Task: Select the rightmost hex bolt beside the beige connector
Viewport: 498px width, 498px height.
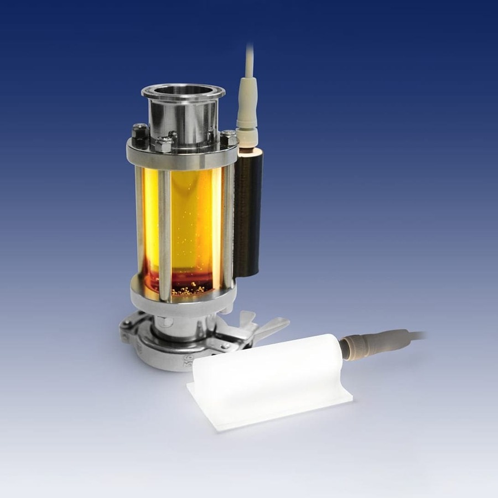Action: [229, 137]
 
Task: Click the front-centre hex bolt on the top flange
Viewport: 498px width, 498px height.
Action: [164, 145]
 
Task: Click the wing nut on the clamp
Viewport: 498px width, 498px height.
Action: [266, 326]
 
